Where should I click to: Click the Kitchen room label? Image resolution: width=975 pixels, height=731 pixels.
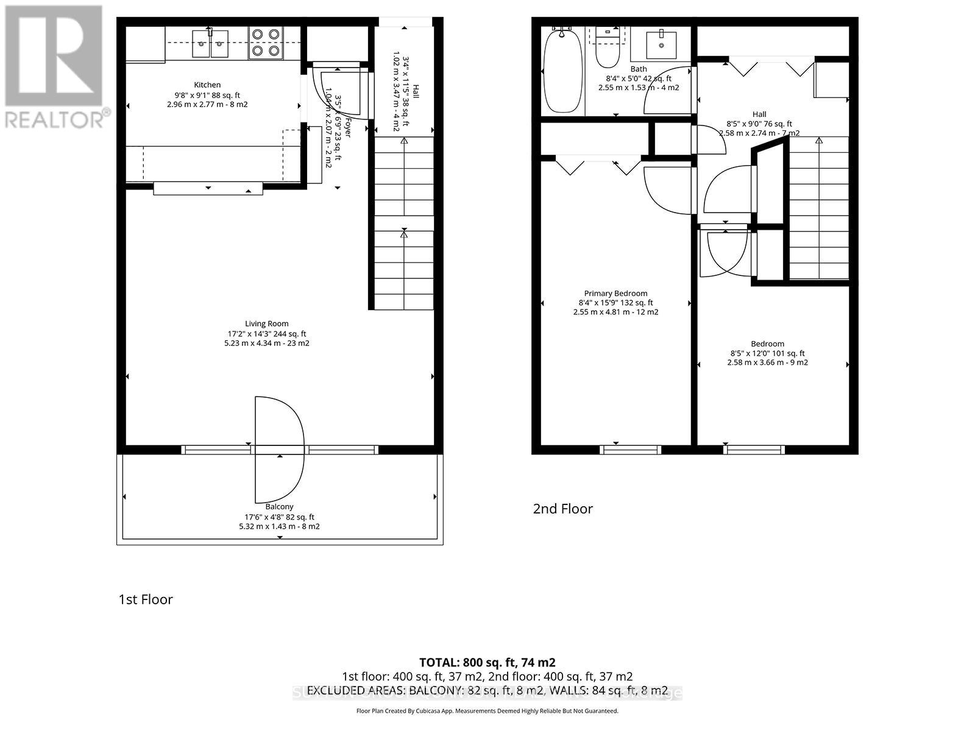click(x=207, y=85)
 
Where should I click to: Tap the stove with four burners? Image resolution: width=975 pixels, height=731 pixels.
click(x=266, y=43)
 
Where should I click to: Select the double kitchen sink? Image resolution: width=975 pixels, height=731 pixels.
click(x=210, y=43)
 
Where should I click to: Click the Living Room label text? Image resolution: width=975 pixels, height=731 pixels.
click(x=267, y=324)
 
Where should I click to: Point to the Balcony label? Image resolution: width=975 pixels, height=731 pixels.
click(x=279, y=507)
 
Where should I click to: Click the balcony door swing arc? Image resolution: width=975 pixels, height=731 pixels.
click(x=286, y=448)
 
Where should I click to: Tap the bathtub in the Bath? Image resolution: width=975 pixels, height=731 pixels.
click(x=562, y=72)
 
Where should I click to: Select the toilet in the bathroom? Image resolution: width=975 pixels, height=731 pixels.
click(x=607, y=49)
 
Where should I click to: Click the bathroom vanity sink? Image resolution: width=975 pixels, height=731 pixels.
click(x=661, y=43)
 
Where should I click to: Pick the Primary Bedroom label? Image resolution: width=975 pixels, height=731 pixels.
click(x=615, y=294)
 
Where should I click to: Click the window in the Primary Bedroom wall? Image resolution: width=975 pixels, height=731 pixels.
click(x=630, y=450)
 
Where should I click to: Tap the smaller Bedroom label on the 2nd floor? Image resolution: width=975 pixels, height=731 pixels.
click(x=767, y=344)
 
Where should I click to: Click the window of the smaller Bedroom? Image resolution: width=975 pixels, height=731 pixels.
click(x=754, y=450)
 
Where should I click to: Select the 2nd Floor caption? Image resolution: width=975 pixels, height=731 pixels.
click(x=562, y=509)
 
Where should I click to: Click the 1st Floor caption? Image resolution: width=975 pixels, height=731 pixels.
click(x=146, y=599)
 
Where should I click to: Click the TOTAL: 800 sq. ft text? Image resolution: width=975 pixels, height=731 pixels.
click(x=486, y=662)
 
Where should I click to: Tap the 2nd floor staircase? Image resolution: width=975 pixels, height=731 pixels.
click(x=818, y=207)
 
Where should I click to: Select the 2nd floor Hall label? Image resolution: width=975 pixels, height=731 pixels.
click(x=759, y=115)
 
